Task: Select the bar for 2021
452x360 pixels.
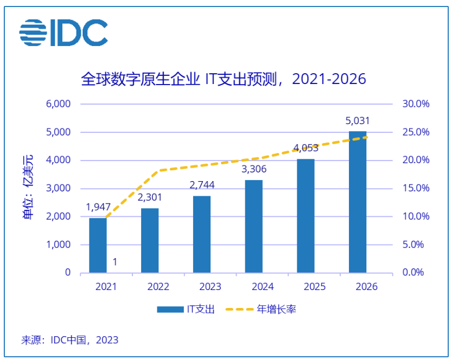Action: [98, 245]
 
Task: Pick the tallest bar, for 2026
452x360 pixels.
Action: [357, 202]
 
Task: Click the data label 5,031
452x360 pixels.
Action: [358, 121]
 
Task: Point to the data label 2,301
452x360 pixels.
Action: [150, 197]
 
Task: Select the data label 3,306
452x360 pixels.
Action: [253, 169]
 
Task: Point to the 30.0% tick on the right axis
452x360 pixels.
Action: [416, 104]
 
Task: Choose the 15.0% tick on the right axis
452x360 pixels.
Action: [416, 188]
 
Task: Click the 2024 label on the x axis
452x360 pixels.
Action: [254, 287]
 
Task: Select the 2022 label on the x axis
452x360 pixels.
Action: [150, 287]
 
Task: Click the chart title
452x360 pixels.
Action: [224, 79]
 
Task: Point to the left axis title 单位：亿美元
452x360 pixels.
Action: [27, 188]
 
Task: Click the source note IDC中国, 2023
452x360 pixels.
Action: [69, 340]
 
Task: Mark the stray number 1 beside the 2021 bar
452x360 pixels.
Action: [115, 262]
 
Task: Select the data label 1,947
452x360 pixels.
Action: [98, 207]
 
